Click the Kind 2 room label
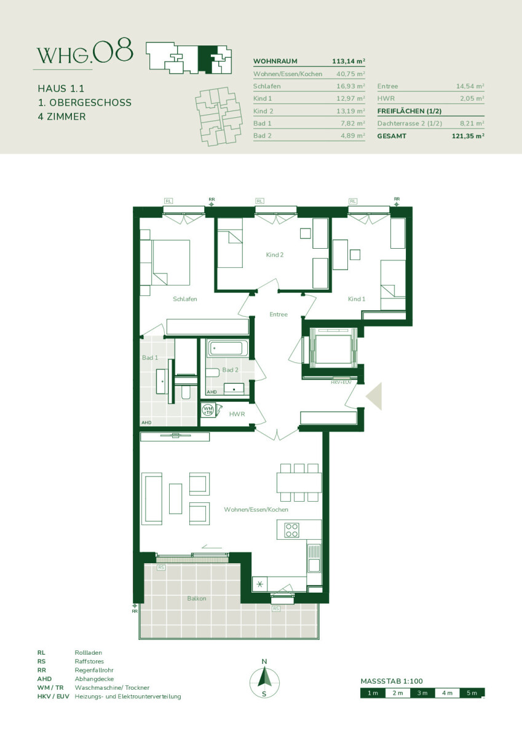(275, 255)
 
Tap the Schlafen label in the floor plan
(184, 298)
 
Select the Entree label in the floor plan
(279, 314)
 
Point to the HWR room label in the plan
(237, 414)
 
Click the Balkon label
(197, 598)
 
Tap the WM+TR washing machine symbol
(208, 410)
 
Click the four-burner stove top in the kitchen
(292, 530)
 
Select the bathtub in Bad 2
(227, 348)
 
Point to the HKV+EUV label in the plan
(341, 382)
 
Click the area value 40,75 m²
(350, 74)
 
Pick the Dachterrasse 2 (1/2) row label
(409, 123)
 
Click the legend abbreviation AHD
(44, 679)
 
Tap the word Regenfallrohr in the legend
(94, 670)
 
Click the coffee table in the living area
(175, 499)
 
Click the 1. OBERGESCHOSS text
(85, 103)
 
